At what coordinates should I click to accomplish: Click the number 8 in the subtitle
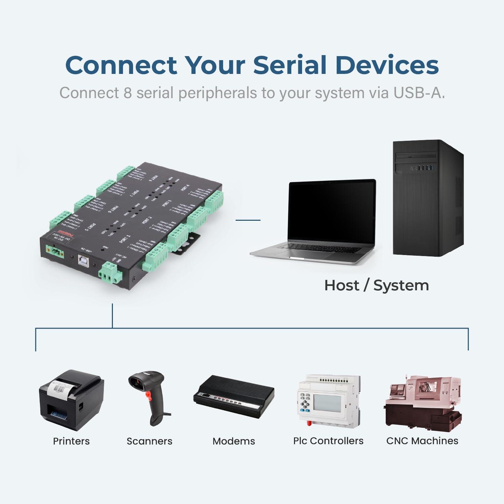(127, 93)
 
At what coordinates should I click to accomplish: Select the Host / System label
(376, 286)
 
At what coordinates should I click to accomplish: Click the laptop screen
(332, 212)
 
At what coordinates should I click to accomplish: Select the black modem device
(234, 396)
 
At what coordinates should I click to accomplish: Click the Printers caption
(71, 441)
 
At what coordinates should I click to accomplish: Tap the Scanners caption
(149, 441)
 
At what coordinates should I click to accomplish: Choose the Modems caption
(234, 441)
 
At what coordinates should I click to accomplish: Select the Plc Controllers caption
(328, 441)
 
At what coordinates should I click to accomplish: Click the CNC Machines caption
(422, 441)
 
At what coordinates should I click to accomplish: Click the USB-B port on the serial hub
(83, 260)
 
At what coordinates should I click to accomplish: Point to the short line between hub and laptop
(248, 220)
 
